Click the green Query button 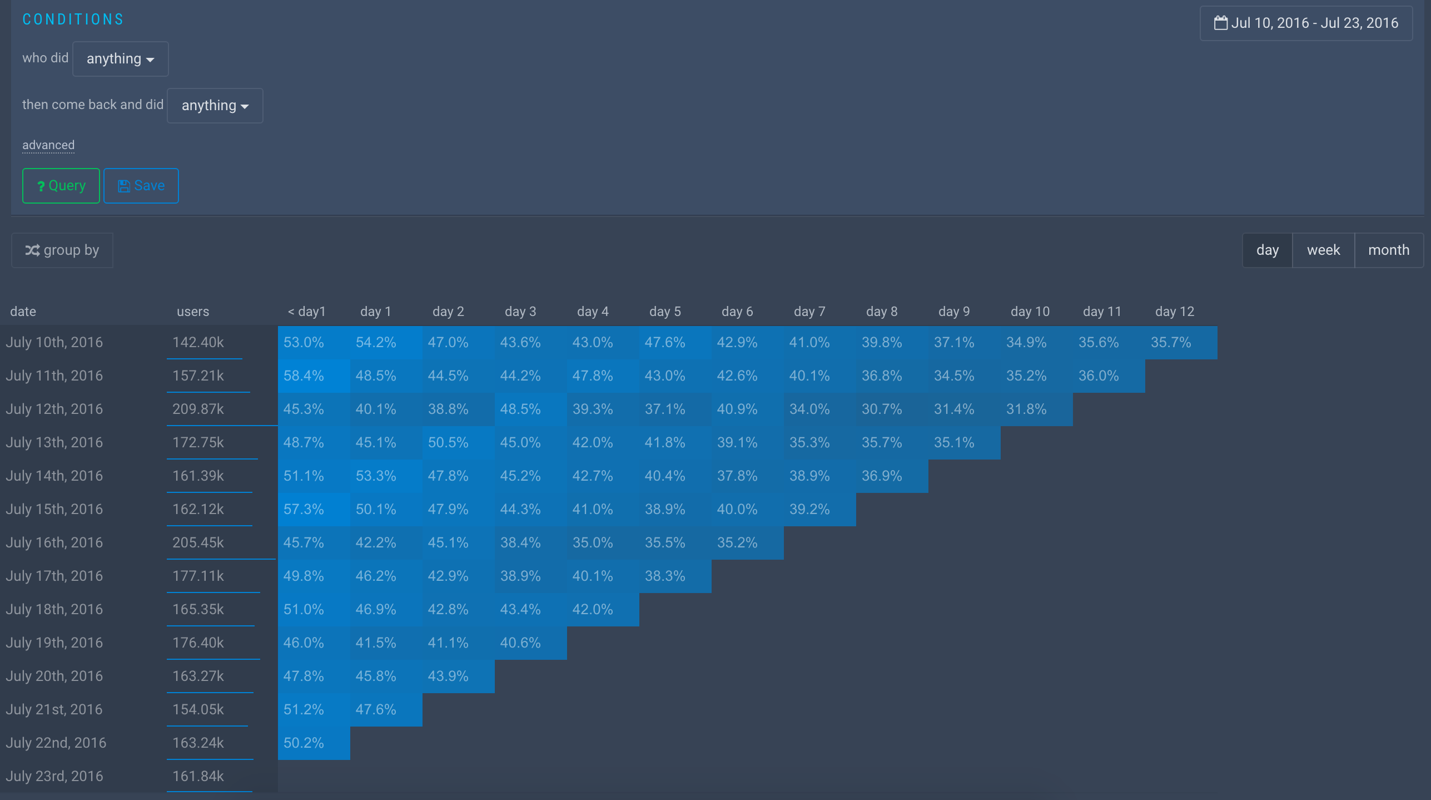coord(61,186)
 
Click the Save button coord(141,186)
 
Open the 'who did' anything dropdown coord(120,59)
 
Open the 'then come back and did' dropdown coord(215,106)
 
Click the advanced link coord(48,145)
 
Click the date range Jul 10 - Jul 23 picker coord(1306,23)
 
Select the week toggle coord(1323,250)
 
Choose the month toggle coord(1388,250)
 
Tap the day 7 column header coord(809,312)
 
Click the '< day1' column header coord(306,312)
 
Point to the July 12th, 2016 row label coord(54,409)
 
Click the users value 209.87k coord(198,409)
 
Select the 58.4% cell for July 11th coord(304,376)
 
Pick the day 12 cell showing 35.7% coord(1171,343)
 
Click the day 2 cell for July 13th coord(448,443)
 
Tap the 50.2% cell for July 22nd coord(304,743)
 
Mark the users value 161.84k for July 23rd coord(198,777)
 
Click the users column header coord(193,312)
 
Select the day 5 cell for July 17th coord(665,576)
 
